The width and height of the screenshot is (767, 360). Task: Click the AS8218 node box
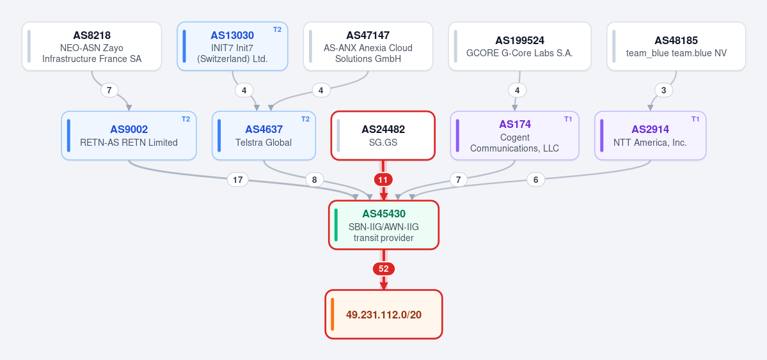(91, 47)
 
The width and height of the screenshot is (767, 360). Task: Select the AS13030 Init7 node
(232, 47)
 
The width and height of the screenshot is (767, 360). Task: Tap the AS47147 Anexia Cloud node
(368, 47)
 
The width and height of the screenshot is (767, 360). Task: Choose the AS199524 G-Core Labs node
(519, 47)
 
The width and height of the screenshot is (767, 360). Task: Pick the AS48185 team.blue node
(676, 47)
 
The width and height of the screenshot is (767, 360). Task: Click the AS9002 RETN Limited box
(129, 136)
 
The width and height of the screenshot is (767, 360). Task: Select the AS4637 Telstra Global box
(264, 136)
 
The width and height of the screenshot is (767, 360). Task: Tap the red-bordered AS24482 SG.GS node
(383, 136)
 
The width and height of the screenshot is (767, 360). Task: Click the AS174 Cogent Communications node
(514, 136)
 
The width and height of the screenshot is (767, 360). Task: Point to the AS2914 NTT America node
(650, 136)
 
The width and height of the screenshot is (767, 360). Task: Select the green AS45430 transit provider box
(384, 225)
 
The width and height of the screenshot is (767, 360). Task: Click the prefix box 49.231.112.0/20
(384, 314)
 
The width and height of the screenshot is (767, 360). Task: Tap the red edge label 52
(384, 269)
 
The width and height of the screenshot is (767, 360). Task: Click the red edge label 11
(383, 180)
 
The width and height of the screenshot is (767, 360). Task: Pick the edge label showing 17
(238, 180)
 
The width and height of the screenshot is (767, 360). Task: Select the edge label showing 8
(315, 180)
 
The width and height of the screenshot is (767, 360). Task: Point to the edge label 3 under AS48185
(664, 91)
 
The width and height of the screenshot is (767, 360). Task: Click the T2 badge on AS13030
(278, 29)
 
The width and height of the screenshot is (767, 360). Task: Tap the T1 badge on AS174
(568, 119)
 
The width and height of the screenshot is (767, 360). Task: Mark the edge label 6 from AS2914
(535, 180)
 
